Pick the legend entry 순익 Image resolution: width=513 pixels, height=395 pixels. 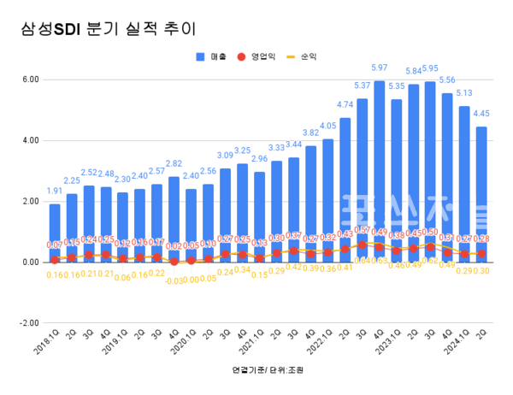tap(304, 56)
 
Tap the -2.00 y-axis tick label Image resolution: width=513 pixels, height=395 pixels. tap(29, 323)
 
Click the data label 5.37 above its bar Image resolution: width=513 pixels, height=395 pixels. tap(362, 85)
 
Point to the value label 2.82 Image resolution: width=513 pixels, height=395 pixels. tap(174, 163)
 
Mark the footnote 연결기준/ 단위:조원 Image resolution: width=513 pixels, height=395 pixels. tap(268, 370)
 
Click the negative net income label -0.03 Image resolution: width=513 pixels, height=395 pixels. tap(174, 280)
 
